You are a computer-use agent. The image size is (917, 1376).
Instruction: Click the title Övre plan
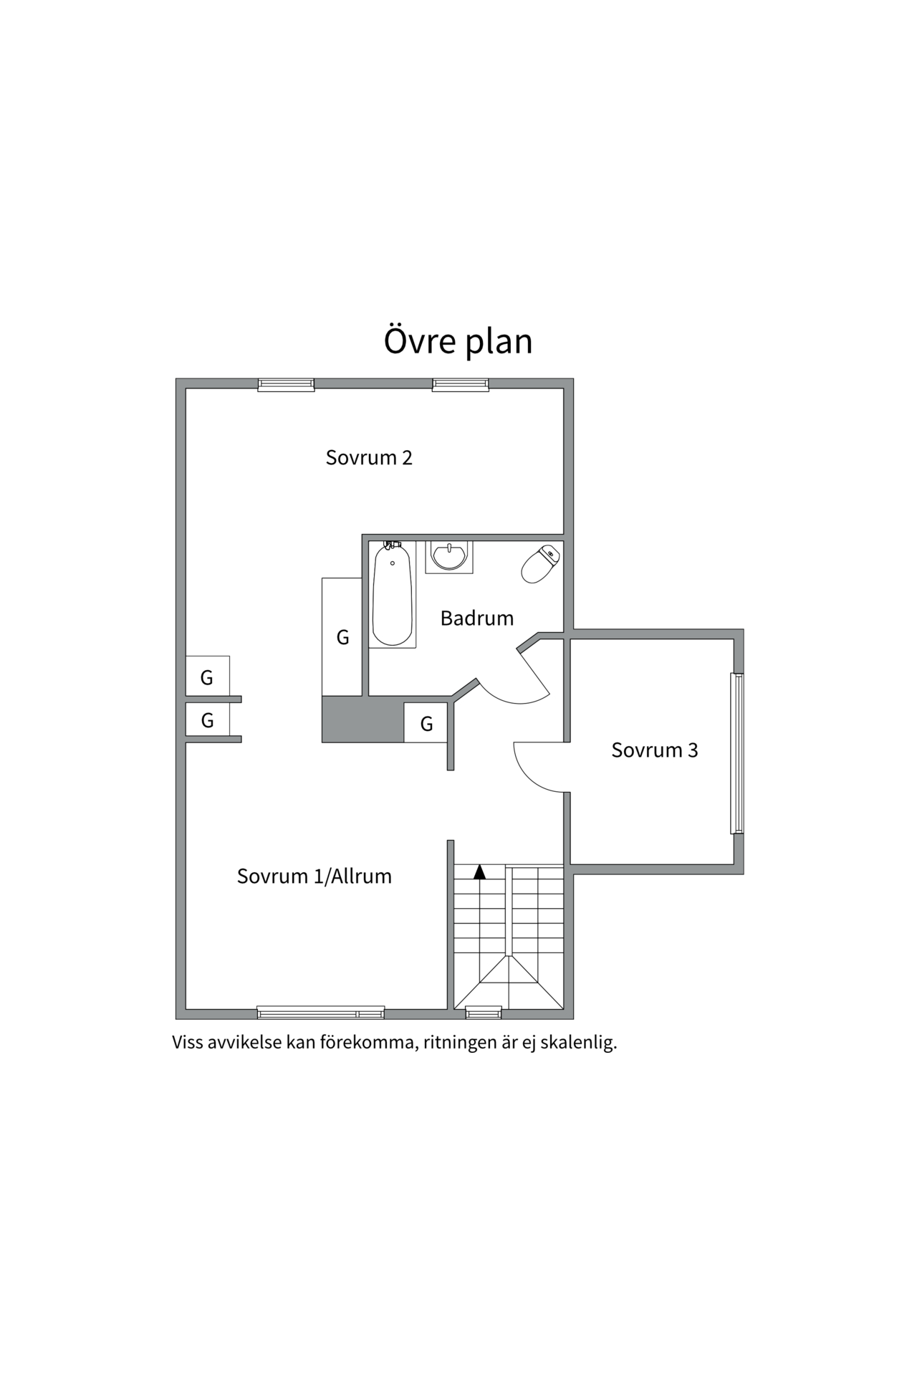(x=458, y=341)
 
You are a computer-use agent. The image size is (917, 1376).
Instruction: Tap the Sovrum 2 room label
(x=369, y=457)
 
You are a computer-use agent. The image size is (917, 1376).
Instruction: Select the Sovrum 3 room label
(x=654, y=750)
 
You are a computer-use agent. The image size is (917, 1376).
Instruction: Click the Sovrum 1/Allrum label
(x=314, y=876)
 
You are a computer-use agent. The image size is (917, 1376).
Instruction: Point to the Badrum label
(x=476, y=618)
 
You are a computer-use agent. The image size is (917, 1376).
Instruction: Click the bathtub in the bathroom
(x=393, y=594)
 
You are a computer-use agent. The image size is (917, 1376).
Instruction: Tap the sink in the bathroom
(x=449, y=556)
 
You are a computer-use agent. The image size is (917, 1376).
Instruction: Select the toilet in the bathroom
(x=541, y=564)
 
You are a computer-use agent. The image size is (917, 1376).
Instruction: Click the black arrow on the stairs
(x=480, y=871)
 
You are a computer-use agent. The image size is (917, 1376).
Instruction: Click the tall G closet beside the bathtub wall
(x=342, y=636)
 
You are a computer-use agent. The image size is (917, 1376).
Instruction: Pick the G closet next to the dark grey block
(x=426, y=723)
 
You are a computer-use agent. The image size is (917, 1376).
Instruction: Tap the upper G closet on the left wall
(x=207, y=677)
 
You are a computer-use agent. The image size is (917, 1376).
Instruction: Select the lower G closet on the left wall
(x=207, y=720)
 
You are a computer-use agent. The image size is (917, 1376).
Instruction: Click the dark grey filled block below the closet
(x=363, y=720)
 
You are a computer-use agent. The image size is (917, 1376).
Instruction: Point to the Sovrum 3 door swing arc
(x=534, y=774)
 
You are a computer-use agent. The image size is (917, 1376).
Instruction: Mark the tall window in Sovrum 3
(x=736, y=752)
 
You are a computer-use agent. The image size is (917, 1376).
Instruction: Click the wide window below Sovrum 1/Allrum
(x=320, y=1012)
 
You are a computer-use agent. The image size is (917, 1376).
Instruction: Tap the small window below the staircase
(x=484, y=1012)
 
